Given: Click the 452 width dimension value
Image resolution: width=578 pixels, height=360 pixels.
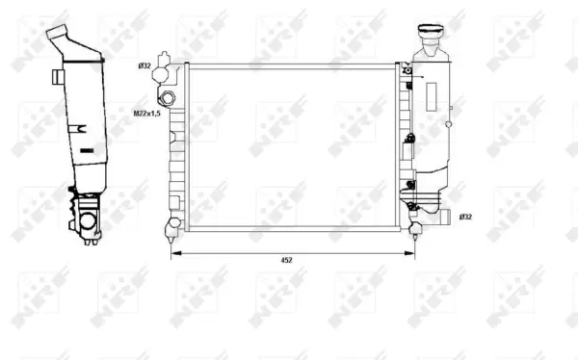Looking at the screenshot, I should (286, 260).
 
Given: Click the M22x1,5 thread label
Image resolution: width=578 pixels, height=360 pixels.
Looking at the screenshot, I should (145, 112).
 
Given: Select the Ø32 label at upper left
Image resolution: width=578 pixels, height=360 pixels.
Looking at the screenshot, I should (144, 65).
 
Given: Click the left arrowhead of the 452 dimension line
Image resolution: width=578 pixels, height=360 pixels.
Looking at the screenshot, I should (174, 253).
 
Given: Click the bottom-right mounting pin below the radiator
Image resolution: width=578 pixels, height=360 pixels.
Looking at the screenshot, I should (416, 231).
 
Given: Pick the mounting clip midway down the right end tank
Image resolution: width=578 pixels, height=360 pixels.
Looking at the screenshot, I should (409, 139).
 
